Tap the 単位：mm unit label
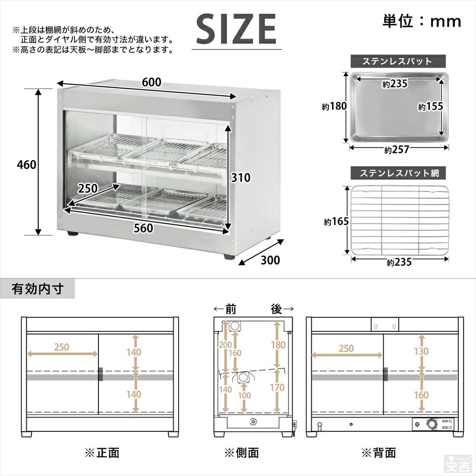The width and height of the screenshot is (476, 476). click(x=422, y=21)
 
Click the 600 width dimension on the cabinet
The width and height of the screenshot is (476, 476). click(x=151, y=82)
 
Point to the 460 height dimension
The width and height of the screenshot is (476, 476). click(x=26, y=164)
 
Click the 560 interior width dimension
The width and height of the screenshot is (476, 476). click(x=143, y=228)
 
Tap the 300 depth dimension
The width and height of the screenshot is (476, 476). click(x=269, y=260)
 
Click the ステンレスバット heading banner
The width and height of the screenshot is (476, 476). click(x=397, y=61)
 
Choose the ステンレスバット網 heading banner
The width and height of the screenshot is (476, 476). click(x=397, y=172)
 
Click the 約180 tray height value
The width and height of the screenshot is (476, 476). click(x=334, y=106)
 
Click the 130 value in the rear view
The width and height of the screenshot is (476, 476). click(x=421, y=351)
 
